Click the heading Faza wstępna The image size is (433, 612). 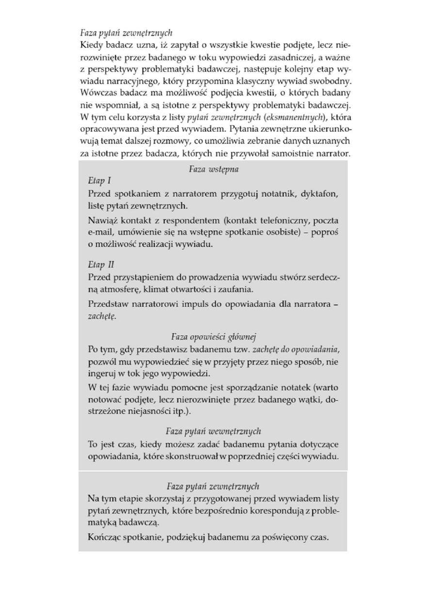[213, 170]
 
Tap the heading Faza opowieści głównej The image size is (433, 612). [213, 337]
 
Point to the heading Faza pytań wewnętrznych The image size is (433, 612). [213, 431]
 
